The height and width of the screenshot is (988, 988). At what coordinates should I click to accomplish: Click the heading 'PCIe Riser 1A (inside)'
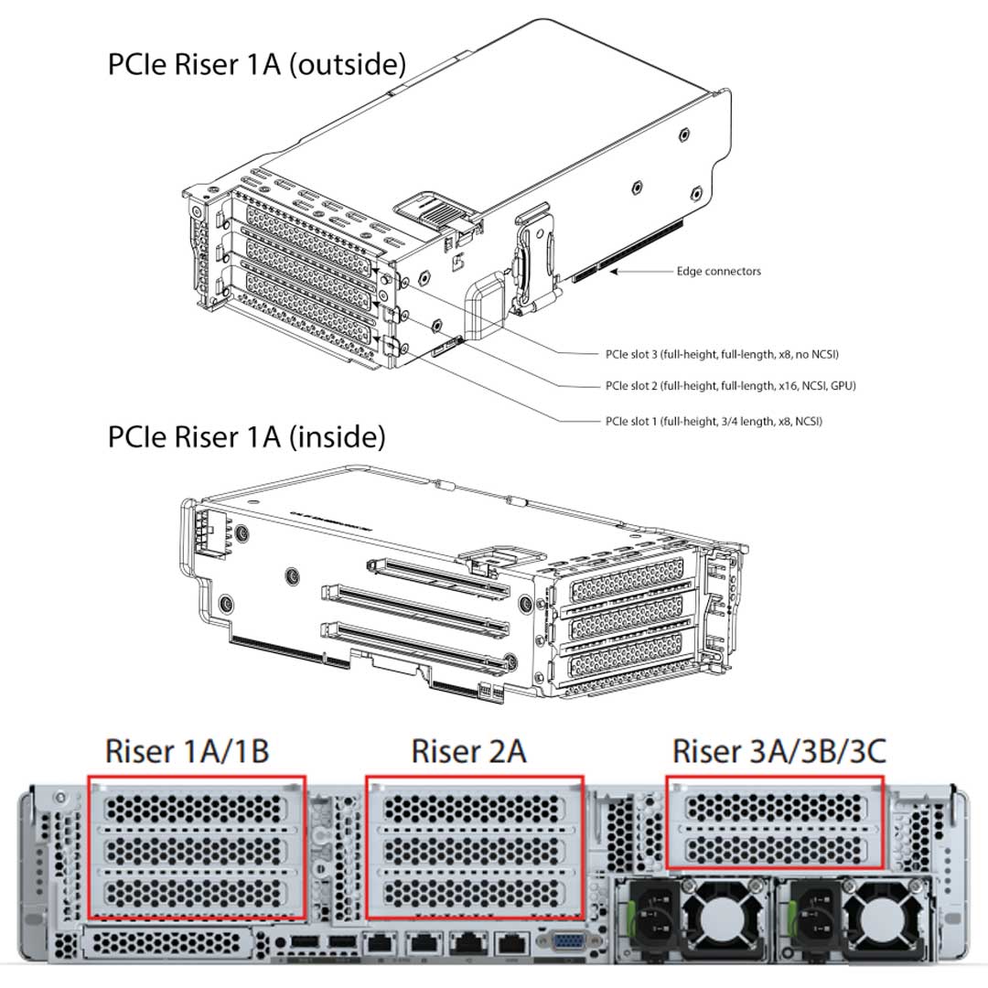click(x=246, y=436)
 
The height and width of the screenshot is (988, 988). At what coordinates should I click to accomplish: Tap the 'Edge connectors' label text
click(x=718, y=271)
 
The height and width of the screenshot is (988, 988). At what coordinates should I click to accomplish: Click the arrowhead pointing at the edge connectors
click(x=615, y=271)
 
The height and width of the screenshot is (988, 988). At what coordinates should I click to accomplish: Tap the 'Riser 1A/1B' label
click(x=187, y=751)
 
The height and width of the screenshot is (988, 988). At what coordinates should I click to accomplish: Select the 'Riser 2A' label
click(x=468, y=751)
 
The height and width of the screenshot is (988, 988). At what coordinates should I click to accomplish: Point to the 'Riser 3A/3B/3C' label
click(x=779, y=751)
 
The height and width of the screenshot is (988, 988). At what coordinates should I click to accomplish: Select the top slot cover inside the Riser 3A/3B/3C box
click(x=774, y=806)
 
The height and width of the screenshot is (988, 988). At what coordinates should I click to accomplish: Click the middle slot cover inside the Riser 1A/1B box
click(x=196, y=849)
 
